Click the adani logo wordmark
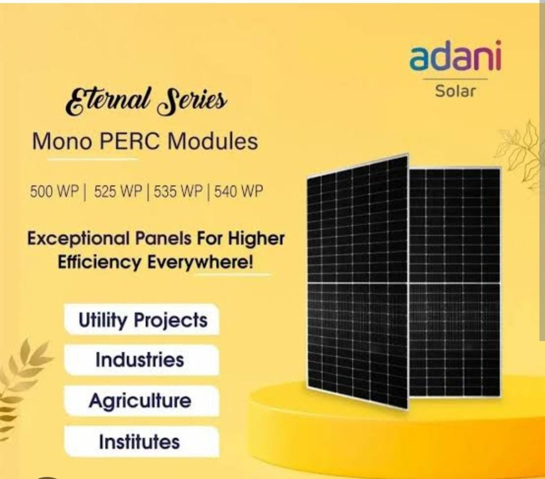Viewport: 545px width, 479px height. [x=456, y=56]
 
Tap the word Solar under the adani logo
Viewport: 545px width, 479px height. [x=456, y=91]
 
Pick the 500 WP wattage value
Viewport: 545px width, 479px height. [x=55, y=191]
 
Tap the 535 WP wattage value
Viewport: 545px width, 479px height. [x=178, y=191]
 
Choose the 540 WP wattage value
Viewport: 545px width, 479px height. [x=238, y=191]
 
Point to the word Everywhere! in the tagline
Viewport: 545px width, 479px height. [x=200, y=263]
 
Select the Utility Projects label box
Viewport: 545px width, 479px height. [x=142, y=319]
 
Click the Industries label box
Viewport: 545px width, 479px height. [x=142, y=360]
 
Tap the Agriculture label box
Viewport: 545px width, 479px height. [x=142, y=401]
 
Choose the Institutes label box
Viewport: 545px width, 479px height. [x=142, y=442]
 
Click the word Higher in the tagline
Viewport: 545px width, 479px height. [x=256, y=240]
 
